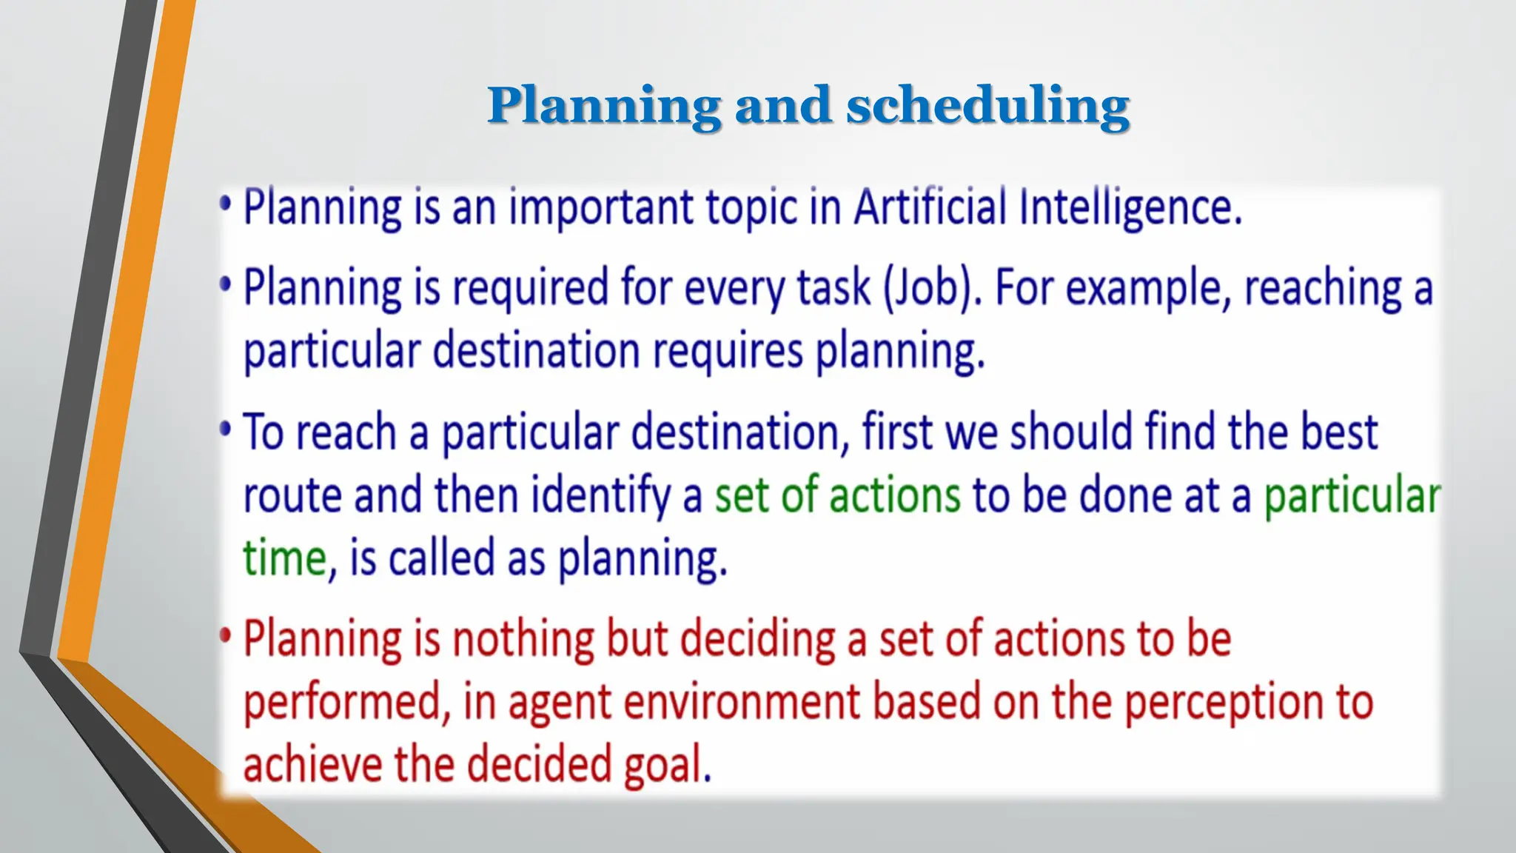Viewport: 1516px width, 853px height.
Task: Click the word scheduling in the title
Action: (x=987, y=106)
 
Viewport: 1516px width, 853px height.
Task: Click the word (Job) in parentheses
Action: (x=933, y=287)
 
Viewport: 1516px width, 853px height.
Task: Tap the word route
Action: (x=292, y=495)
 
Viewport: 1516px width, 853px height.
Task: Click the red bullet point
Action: (x=226, y=636)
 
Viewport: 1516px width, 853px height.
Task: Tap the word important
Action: (x=600, y=208)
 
